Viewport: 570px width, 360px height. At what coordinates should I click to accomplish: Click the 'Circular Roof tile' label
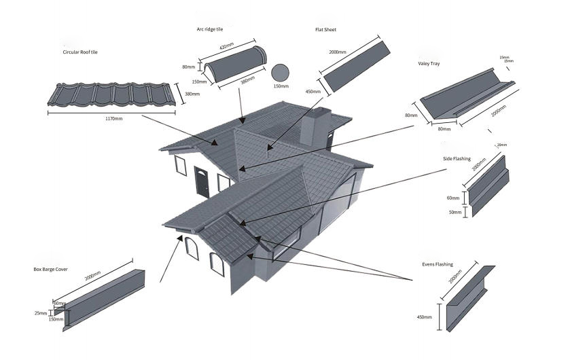(80, 52)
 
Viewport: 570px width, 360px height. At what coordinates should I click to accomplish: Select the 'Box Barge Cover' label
(51, 269)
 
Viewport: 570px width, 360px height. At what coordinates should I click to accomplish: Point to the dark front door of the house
(202, 181)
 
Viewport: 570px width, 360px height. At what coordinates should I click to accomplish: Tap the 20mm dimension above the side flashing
(502, 145)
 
